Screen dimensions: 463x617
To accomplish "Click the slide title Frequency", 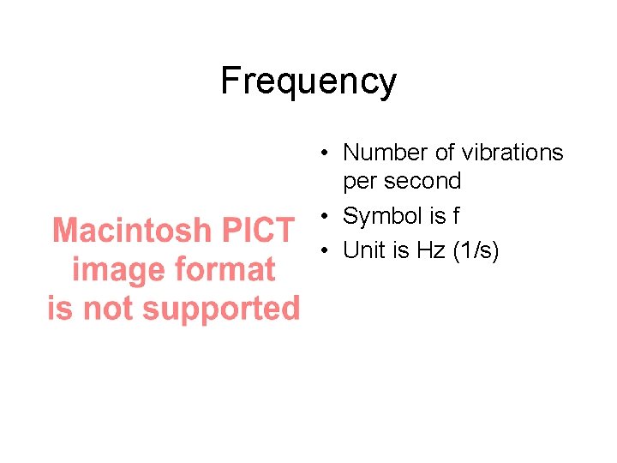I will [308, 82].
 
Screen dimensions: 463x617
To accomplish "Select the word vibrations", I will [512, 153].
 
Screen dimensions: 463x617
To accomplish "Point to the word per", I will [358, 182].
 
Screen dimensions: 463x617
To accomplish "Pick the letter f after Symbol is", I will [455, 217].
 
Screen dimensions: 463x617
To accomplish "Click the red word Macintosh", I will [131, 231].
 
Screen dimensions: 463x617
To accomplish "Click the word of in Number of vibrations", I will [445, 153].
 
